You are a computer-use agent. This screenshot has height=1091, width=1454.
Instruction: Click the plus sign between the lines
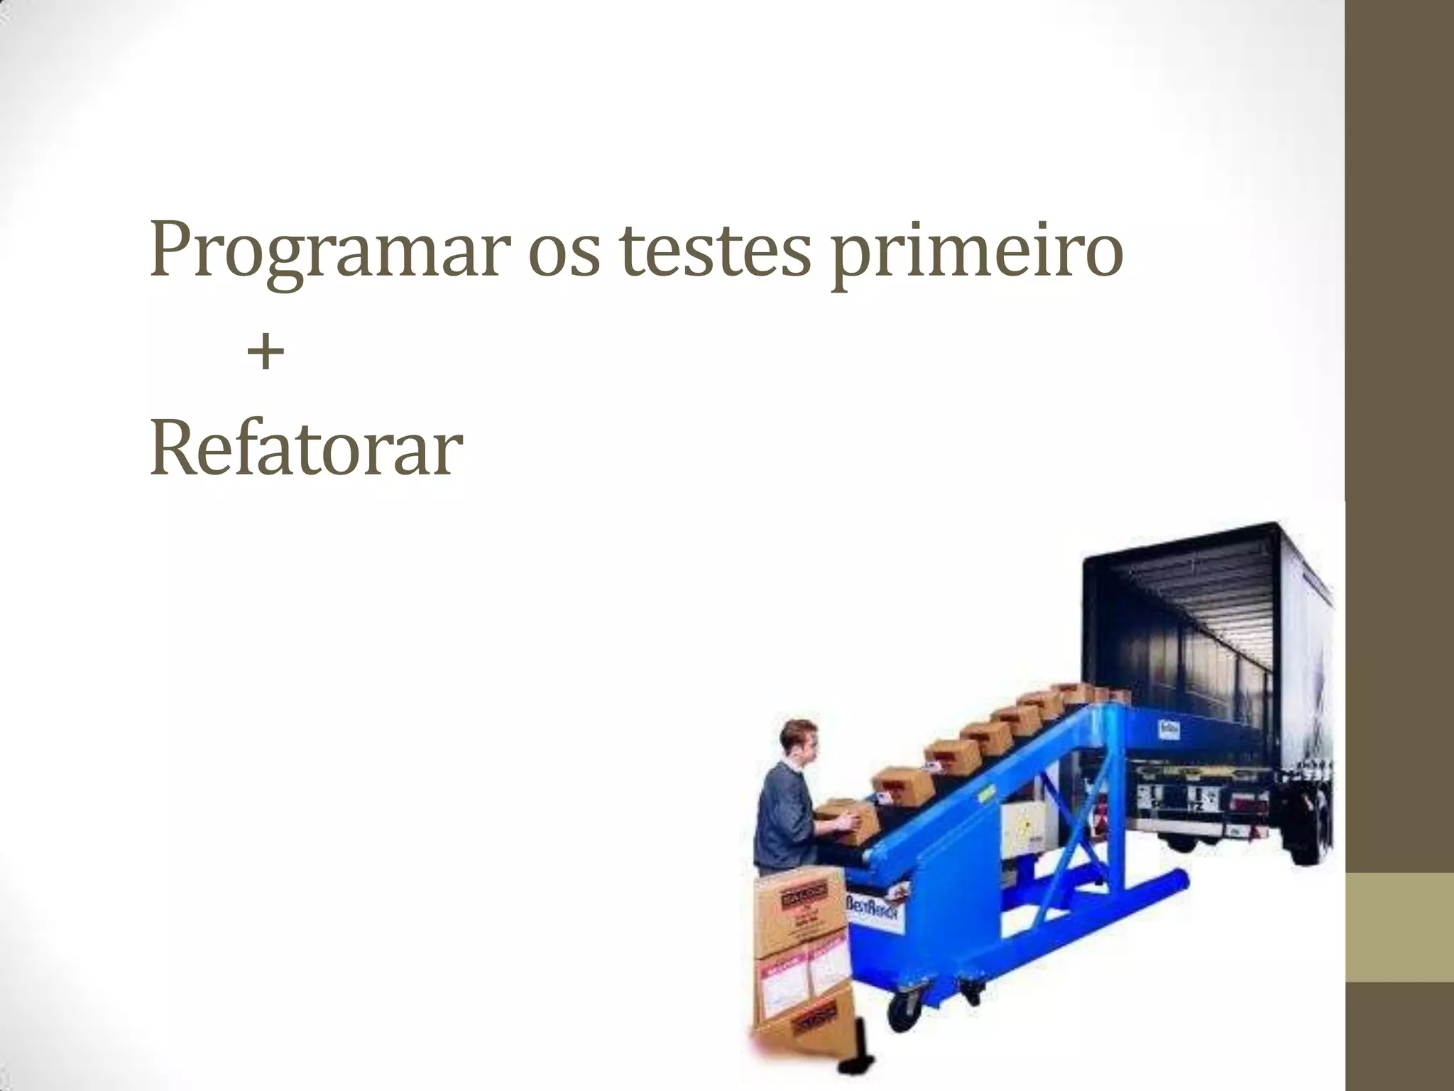266,353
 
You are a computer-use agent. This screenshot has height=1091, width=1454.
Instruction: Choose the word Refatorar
306,449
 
